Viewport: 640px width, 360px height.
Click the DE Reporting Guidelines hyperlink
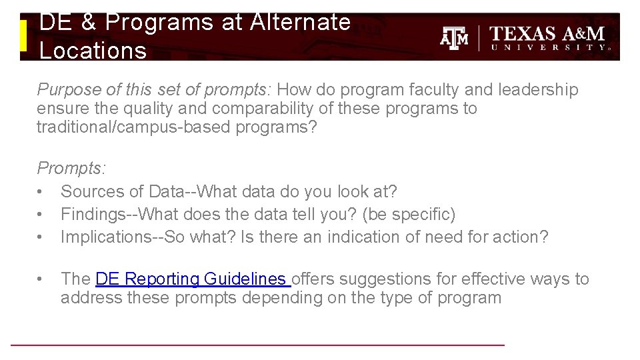(x=192, y=279)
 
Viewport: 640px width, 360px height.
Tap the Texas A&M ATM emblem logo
(x=454, y=38)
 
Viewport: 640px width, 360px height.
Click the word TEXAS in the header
(x=523, y=33)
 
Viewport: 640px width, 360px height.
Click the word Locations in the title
(x=93, y=50)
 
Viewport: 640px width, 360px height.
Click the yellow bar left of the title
(x=23, y=35)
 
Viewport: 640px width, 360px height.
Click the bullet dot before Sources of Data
(x=41, y=192)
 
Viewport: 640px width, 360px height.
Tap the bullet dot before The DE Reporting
(x=41, y=279)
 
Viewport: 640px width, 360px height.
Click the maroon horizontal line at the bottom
(x=257, y=345)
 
